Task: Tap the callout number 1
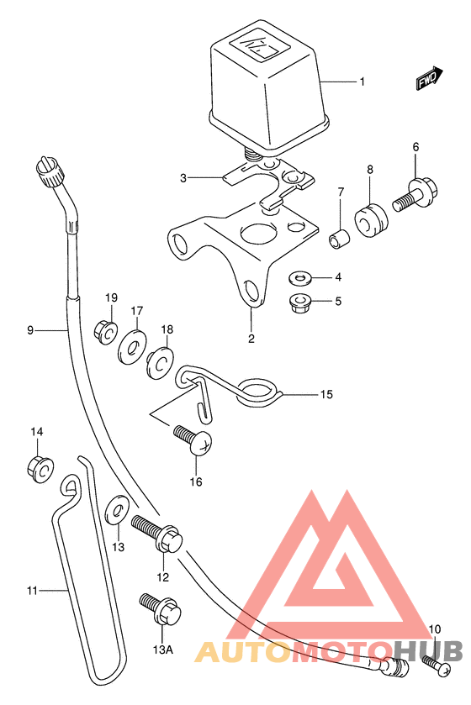pos(362,82)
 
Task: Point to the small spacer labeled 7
pos(340,239)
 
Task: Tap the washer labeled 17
pos(132,346)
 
